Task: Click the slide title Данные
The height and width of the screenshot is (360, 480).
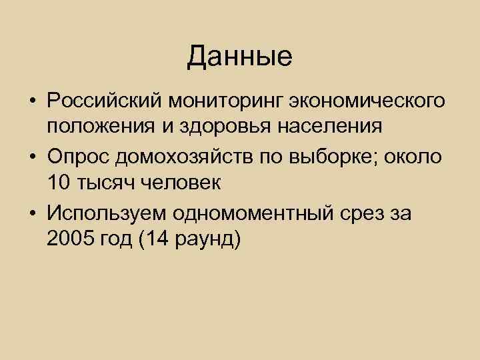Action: point(239,57)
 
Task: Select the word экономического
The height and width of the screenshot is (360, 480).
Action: point(367,101)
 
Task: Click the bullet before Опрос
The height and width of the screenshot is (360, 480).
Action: point(32,156)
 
